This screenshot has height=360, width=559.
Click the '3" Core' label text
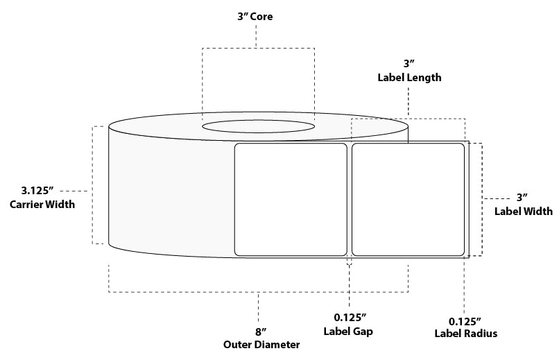coord(256,17)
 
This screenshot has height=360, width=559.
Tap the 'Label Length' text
coord(409,78)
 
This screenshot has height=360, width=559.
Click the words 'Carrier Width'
coord(42,204)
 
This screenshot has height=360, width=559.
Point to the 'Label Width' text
coord(523,212)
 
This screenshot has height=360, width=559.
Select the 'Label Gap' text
coord(349,332)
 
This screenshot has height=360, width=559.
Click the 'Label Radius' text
coord(465,334)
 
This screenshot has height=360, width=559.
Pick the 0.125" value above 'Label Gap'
coord(349,318)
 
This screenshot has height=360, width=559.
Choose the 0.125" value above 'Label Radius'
coord(465,320)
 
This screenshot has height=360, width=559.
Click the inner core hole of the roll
coord(257,126)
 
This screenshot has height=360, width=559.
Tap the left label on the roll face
coord(291,200)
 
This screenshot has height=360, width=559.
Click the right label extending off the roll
coord(408,200)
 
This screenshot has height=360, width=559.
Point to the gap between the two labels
coord(349,200)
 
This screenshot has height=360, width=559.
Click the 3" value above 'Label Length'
coord(409,64)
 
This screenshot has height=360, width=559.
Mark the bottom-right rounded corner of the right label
coord(460,252)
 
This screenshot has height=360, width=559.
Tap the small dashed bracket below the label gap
coord(349,263)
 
